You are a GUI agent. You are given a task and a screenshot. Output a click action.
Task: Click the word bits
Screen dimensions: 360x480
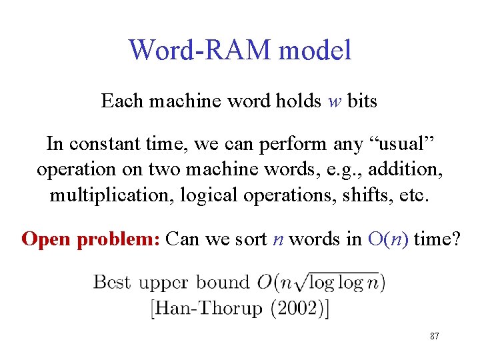pos(362,101)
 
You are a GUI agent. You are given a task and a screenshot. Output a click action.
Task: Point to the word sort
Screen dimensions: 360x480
pos(253,239)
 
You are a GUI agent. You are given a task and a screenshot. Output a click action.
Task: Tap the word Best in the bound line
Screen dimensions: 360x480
pos(112,281)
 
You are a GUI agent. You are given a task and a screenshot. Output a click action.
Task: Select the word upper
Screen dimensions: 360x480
pos(163,283)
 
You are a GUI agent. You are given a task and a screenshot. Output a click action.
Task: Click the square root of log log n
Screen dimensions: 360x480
pos(333,281)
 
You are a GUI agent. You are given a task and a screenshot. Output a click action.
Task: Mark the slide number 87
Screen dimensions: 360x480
pos(434,337)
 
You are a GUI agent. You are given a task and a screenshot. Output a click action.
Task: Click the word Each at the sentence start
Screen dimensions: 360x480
pos(118,101)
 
